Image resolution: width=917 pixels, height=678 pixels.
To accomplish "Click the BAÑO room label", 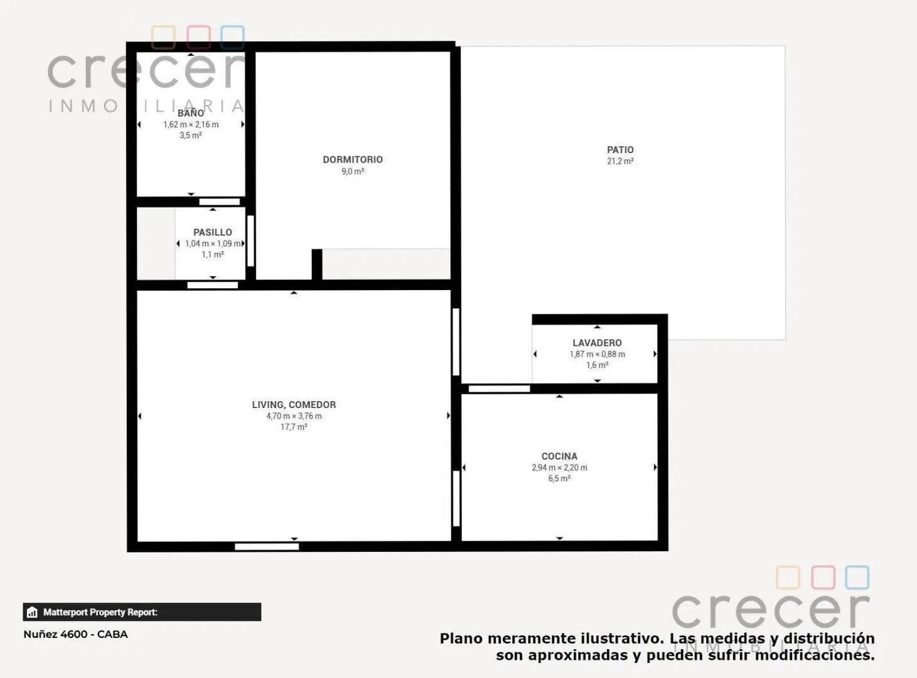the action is pyautogui.click(x=191, y=113).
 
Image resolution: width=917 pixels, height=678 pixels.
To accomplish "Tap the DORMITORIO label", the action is pyautogui.click(x=353, y=159).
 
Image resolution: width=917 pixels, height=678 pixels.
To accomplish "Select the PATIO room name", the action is pyautogui.click(x=620, y=150).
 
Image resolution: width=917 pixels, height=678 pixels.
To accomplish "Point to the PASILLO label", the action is pyautogui.click(x=213, y=232).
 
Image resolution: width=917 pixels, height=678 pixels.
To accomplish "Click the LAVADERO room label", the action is pyautogui.click(x=597, y=343).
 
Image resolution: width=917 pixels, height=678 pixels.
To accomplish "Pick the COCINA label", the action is pyautogui.click(x=559, y=456).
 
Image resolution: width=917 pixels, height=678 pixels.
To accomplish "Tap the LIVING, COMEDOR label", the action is pyautogui.click(x=294, y=404).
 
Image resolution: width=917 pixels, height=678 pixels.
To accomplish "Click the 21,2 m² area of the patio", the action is pyautogui.click(x=620, y=161).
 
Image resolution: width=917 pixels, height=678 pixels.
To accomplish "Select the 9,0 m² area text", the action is pyautogui.click(x=353, y=171).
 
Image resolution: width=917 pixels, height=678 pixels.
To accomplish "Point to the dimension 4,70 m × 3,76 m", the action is pyautogui.click(x=294, y=416).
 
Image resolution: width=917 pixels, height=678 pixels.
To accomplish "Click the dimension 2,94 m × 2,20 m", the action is pyautogui.click(x=559, y=468).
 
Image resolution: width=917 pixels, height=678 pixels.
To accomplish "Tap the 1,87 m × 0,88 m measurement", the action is pyautogui.click(x=597, y=354).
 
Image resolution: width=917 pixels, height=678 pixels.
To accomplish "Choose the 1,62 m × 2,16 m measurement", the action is pyautogui.click(x=191, y=124).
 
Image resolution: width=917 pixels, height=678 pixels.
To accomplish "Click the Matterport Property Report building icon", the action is pyautogui.click(x=32, y=612).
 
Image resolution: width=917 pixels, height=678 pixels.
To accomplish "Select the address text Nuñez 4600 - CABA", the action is pyautogui.click(x=76, y=634).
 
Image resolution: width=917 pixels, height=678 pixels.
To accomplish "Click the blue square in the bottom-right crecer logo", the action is pyautogui.click(x=857, y=578).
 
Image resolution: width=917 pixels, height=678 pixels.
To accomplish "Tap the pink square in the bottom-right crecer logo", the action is pyautogui.click(x=823, y=578).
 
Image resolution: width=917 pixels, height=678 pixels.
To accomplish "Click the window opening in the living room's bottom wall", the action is pyautogui.click(x=267, y=547).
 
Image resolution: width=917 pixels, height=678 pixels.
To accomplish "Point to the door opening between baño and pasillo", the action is pyautogui.click(x=220, y=202).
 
